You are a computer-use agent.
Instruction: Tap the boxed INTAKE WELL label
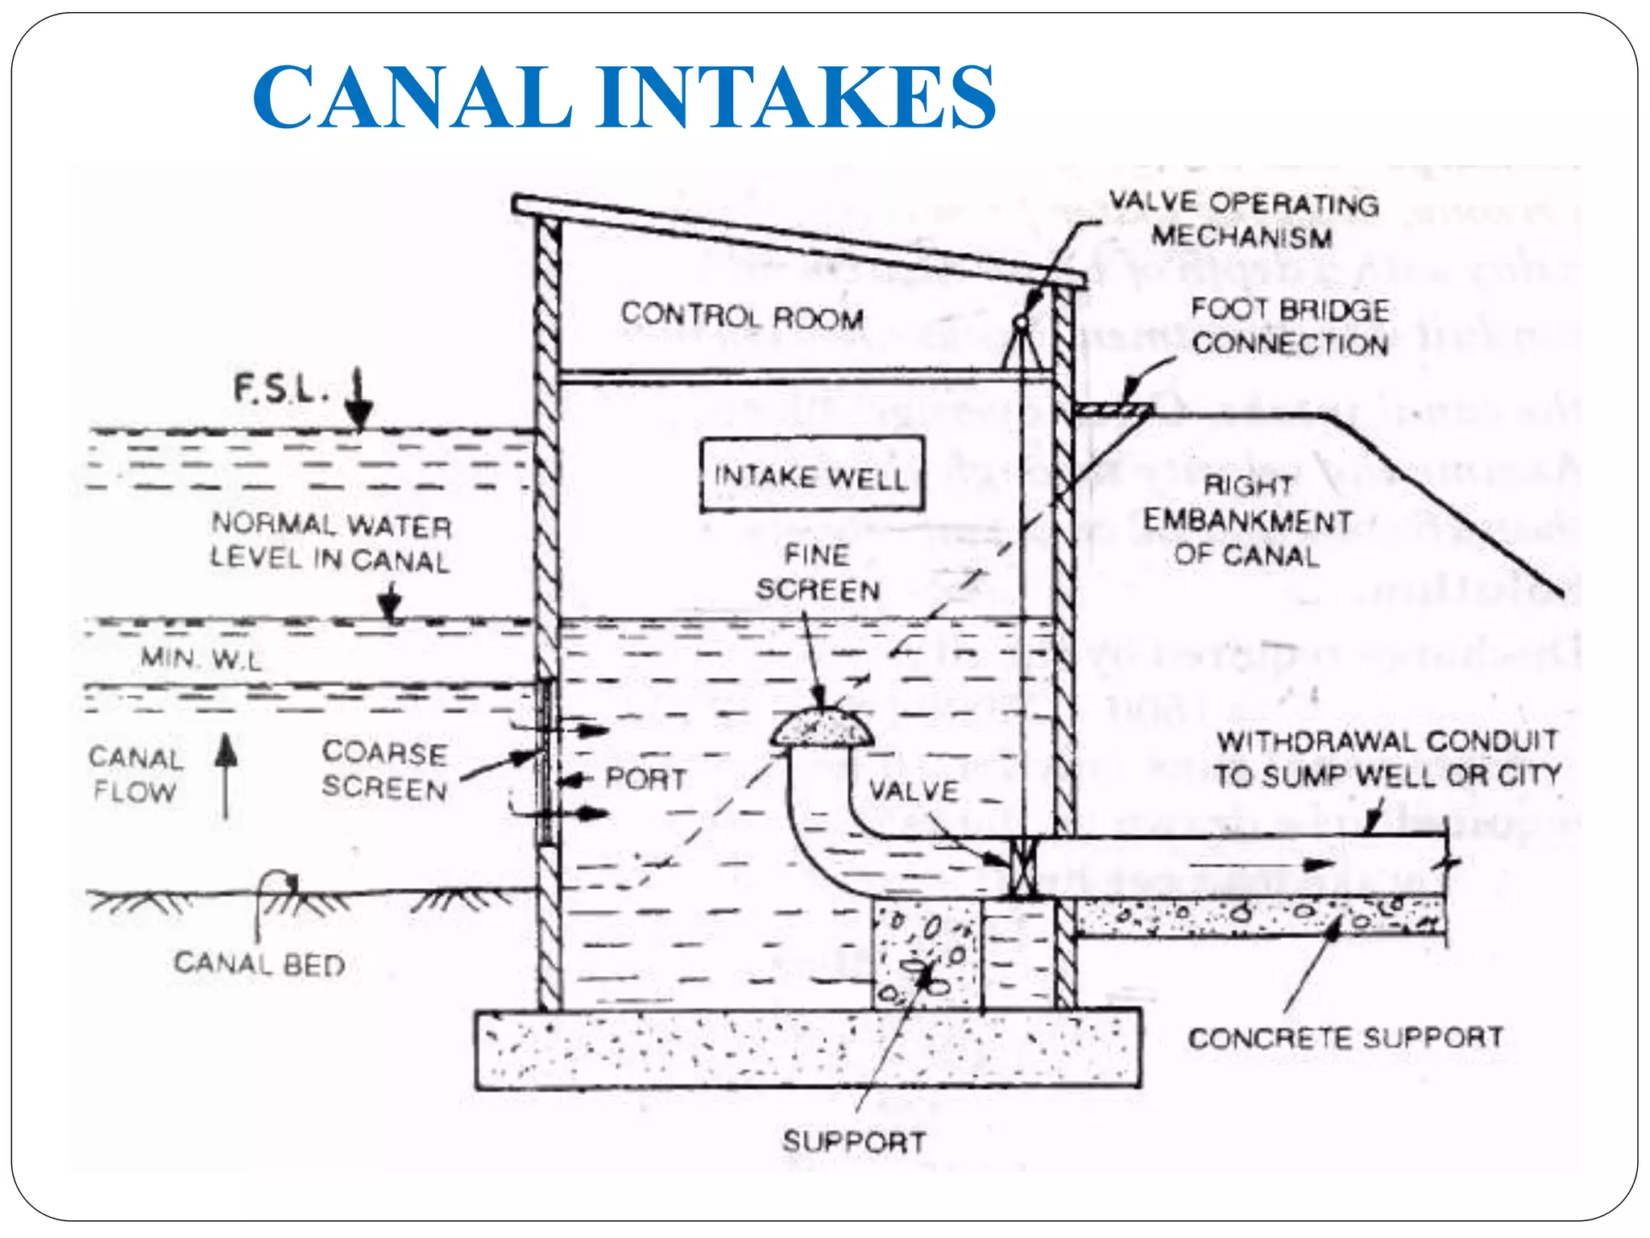(x=811, y=476)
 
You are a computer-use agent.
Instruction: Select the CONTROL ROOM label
(x=741, y=316)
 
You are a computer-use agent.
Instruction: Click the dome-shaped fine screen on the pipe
(x=821, y=729)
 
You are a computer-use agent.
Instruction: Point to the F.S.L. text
(x=281, y=388)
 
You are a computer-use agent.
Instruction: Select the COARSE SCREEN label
(x=384, y=771)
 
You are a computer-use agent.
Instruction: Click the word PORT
(x=645, y=779)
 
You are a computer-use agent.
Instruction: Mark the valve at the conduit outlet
(x=1022, y=867)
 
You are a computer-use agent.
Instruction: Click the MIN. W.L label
(x=201, y=659)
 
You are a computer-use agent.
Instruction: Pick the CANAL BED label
(x=259, y=964)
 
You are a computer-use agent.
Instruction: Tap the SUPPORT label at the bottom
(x=854, y=1142)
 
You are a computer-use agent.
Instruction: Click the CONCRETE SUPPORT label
(x=1345, y=1037)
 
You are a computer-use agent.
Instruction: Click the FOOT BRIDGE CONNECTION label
(x=1290, y=326)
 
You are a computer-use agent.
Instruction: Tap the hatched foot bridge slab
(x=1113, y=410)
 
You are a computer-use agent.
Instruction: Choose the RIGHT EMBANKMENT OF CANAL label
(x=1246, y=521)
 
